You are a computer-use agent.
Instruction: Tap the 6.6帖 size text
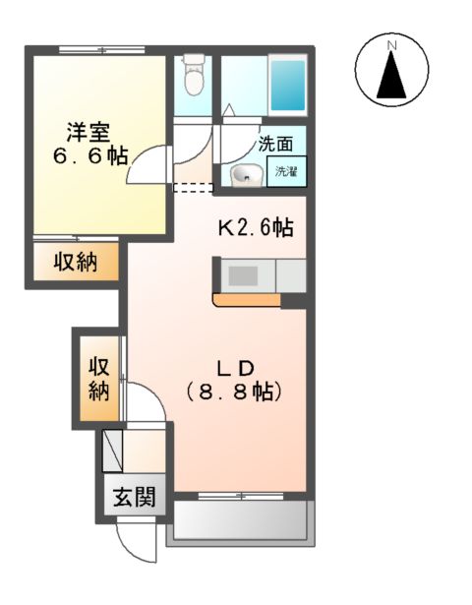click(89, 155)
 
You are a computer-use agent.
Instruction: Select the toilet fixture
click(193, 75)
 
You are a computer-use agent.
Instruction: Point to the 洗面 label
click(274, 144)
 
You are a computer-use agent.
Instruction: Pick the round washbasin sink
click(245, 175)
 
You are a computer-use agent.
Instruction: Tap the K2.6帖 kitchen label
click(254, 228)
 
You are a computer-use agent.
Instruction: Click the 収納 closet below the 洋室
click(75, 263)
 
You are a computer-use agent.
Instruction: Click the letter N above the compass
click(391, 45)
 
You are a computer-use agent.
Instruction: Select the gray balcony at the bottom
click(240, 521)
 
